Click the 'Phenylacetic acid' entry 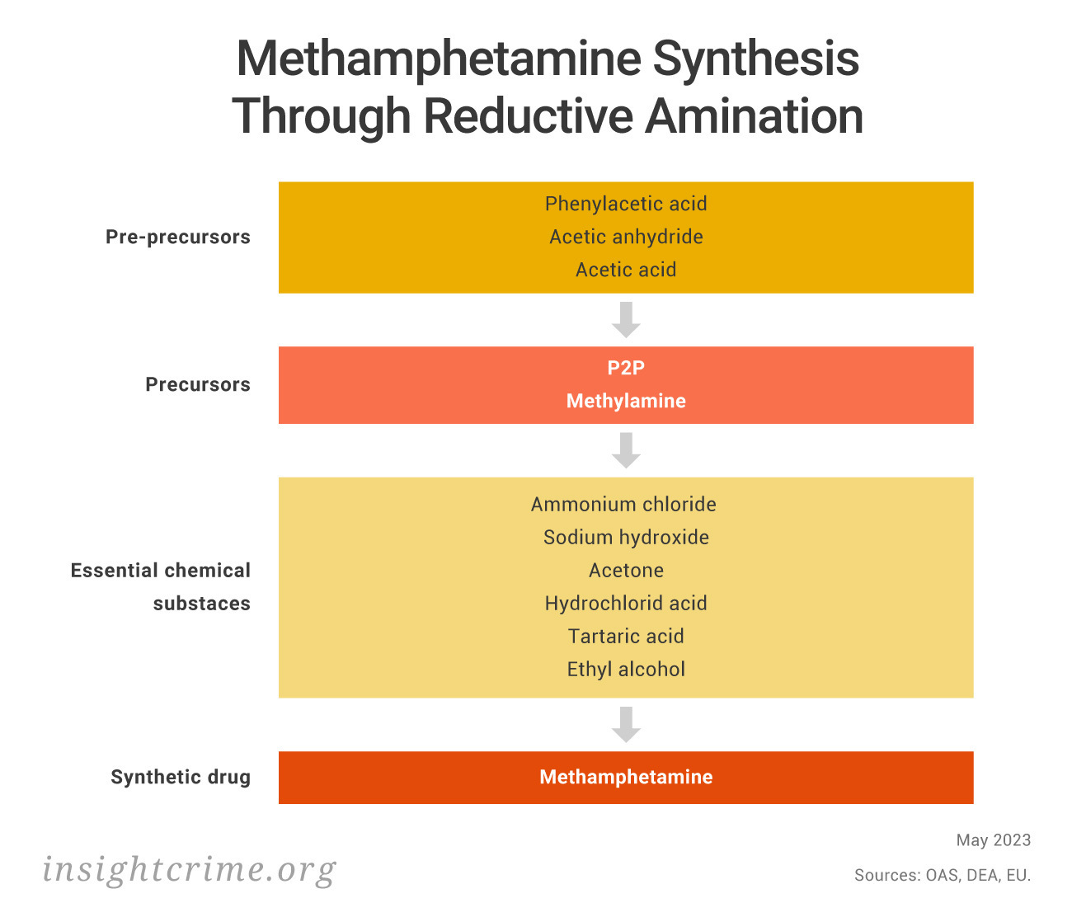625,205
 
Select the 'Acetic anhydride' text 626,237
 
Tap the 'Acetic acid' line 626,270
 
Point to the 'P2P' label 626,368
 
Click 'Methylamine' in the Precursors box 626,401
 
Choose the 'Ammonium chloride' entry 623,504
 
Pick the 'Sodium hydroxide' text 626,538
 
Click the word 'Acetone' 626,571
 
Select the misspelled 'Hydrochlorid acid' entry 626,603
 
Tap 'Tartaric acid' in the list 626,637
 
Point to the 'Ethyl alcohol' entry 626,669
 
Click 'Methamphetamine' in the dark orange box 626,777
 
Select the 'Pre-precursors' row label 178,237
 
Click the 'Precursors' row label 198,384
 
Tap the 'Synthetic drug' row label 181,777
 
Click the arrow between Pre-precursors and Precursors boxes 626,319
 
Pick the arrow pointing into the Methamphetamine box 626,725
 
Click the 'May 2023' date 993,840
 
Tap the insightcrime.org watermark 190,870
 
